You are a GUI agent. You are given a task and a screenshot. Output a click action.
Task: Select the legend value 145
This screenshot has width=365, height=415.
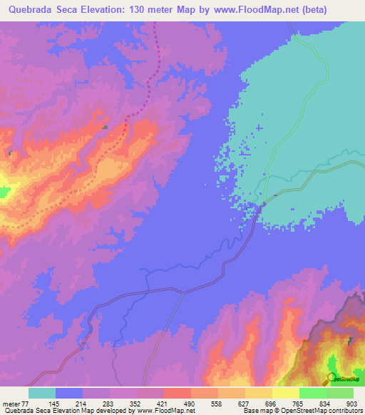(62, 403)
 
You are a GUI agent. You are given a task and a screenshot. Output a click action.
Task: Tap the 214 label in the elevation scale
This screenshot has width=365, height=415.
(89, 403)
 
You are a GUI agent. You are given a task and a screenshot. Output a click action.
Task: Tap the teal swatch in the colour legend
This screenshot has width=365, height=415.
(41, 393)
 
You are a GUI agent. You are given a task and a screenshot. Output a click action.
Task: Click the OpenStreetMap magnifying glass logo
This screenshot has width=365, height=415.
(331, 378)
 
